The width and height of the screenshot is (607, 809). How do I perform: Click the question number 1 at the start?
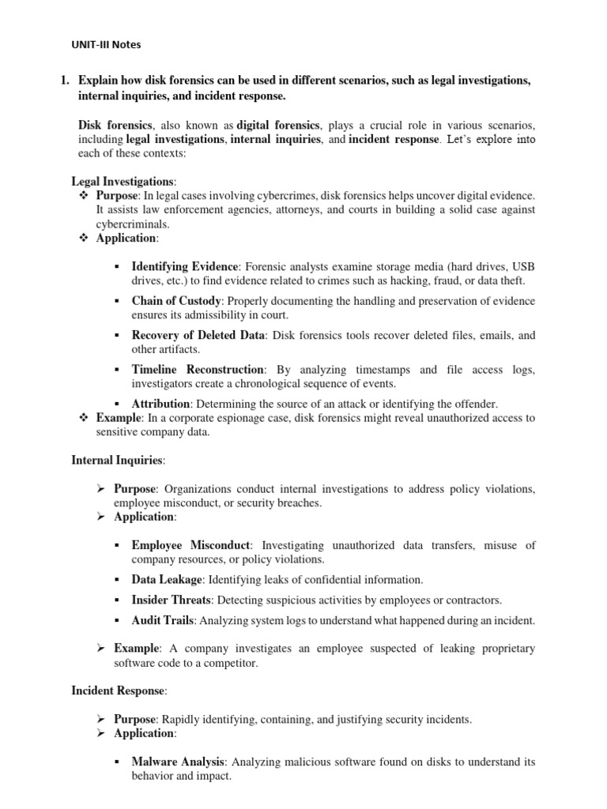[x=67, y=81]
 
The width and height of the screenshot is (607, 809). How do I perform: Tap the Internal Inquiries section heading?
[x=119, y=458]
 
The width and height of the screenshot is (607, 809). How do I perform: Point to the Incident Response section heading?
[x=119, y=690]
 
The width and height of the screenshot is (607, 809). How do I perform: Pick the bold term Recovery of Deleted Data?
[x=198, y=335]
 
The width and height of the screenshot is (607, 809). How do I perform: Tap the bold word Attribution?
[x=161, y=403]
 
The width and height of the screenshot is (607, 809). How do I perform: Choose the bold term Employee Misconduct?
[x=191, y=545]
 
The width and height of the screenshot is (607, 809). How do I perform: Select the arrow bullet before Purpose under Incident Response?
[x=101, y=719]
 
